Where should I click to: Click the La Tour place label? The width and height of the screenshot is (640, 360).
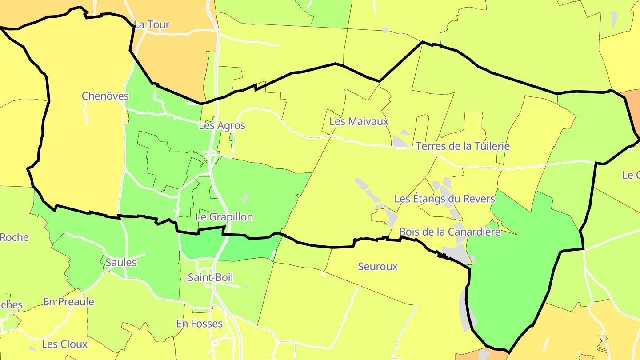coord(152,25)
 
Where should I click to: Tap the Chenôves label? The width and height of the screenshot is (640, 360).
coord(105,96)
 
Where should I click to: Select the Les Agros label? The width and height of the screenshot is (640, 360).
coord(222,126)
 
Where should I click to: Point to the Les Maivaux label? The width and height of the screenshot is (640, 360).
coord(359,121)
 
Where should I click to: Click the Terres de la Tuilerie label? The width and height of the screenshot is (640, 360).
coord(463,146)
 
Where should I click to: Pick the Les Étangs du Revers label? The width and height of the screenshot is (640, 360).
coord(444,199)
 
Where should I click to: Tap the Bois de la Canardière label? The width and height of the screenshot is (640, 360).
coord(450,232)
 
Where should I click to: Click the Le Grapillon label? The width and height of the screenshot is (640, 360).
coord(224,217)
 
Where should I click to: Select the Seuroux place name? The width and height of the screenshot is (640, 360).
coord(378,267)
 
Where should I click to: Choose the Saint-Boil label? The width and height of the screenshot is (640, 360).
coord(210,278)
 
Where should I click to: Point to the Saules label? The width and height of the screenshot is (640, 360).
coord(121,263)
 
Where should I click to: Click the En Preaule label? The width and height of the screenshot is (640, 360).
coord(68,302)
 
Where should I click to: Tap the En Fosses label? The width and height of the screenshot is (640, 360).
coord(199,324)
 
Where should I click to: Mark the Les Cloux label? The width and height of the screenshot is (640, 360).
coord(65,344)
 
